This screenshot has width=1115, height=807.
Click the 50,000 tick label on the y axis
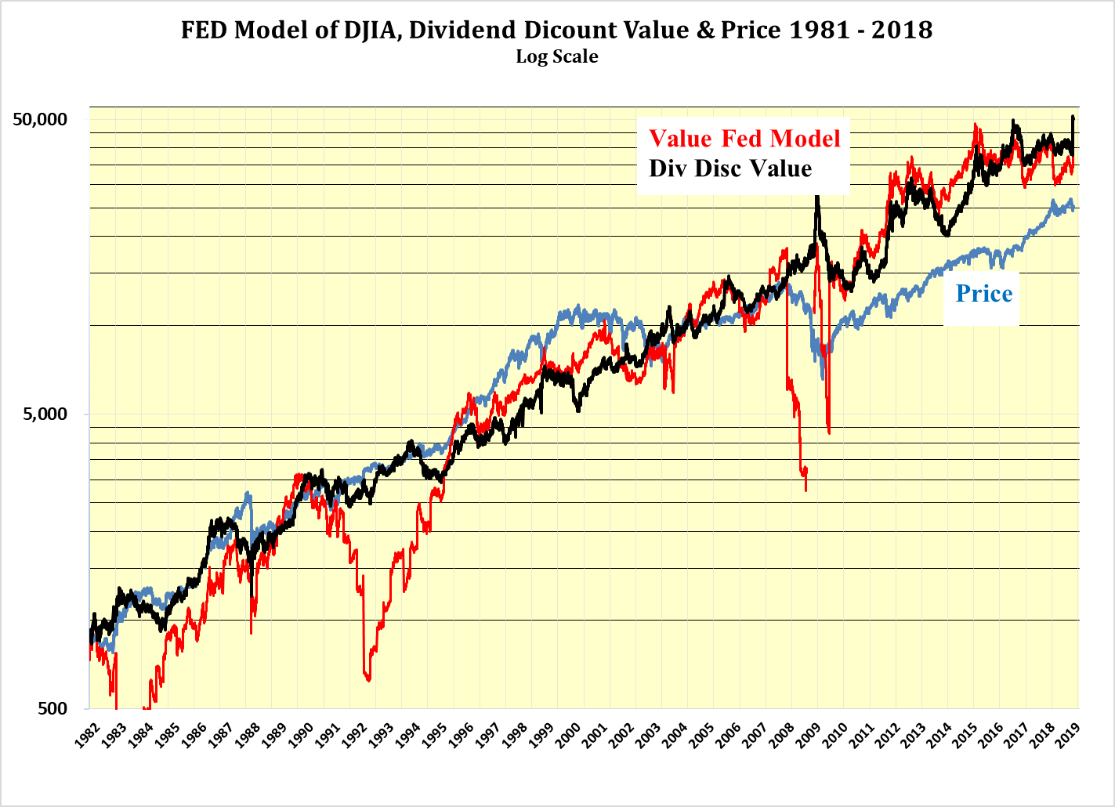(41, 119)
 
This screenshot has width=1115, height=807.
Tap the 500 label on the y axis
(52, 708)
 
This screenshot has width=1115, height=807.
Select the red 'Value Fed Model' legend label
(744, 139)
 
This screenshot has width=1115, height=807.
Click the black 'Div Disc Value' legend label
(730, 168)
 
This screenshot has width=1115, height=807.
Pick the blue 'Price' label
(984, 294)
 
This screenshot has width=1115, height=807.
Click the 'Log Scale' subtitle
(557, 56)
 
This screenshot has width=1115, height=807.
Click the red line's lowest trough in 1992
(368, 679)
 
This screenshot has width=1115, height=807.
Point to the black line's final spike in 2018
(1073, 117)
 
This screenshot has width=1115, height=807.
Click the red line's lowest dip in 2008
(805, 489)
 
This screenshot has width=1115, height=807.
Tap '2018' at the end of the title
(907, 30)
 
